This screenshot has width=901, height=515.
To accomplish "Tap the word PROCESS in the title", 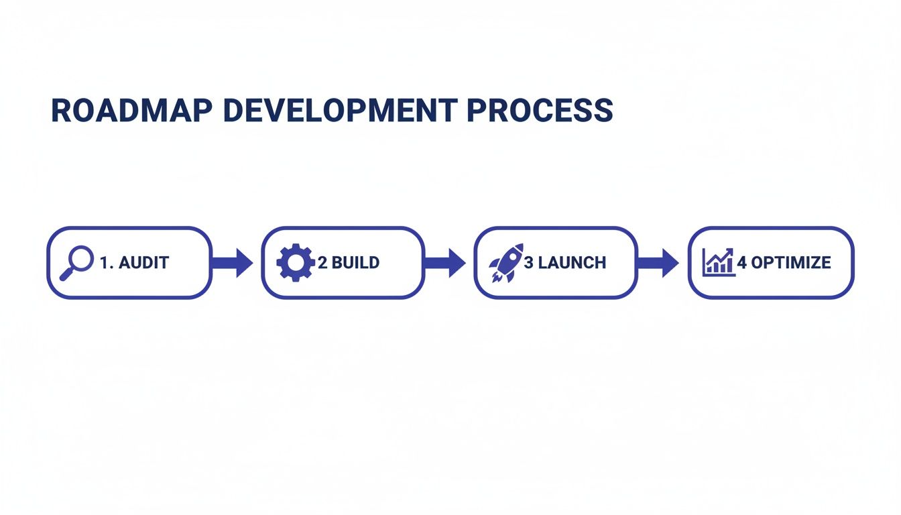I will click(x=540, y=111).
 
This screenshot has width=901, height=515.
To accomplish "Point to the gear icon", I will click(x=295, y=262).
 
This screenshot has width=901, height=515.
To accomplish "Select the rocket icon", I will click(x=506, y=262).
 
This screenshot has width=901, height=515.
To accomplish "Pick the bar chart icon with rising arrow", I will click(x=718, y=262).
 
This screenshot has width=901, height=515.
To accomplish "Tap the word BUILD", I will click(x=356, y=263).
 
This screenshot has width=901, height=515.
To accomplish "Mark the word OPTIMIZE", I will click(x=791, y=263).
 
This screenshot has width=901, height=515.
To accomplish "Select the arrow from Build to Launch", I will click(x=445, y=263).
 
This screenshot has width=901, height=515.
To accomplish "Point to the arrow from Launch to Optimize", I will click(x=658, y=263).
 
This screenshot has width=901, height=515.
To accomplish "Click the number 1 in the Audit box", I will click(x=104, y=263).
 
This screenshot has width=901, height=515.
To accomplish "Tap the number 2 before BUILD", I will click(x=322, y=263).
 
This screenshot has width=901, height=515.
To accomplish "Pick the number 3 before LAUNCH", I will click(x=528, y=263).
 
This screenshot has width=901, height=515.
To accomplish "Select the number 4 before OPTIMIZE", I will click(x=742, y=263).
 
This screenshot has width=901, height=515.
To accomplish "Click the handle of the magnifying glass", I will click(x=66, y=274).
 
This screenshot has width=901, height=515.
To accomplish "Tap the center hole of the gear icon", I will click(x=295, y=262).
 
